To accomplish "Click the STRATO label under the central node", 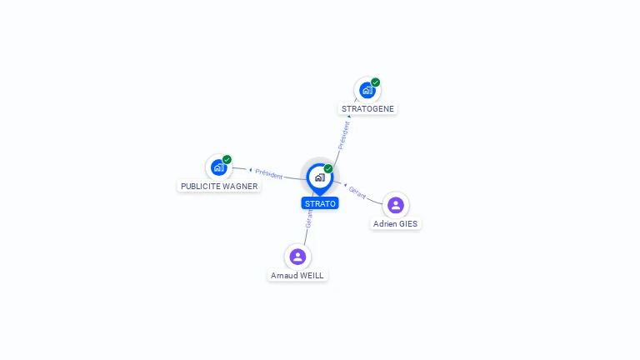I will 320,203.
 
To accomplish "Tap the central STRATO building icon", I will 319,177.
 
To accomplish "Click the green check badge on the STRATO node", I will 328,169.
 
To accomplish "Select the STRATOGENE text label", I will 367,109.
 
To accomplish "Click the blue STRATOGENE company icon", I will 367,90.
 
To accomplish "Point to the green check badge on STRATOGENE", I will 376,82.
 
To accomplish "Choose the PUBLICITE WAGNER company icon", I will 218,167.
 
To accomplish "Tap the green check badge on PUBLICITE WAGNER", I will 227,160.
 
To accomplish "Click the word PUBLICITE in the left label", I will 201,187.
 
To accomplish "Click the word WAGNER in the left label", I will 240,187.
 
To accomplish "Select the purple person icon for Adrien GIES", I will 396,205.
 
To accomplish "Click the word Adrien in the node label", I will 385,224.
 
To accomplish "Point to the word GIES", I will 408,224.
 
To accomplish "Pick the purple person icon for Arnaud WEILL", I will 297,257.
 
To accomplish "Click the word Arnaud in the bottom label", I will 283,276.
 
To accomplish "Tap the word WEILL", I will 312,276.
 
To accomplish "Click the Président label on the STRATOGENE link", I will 343,135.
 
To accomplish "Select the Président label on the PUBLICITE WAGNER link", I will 269,173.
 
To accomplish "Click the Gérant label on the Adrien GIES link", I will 357,192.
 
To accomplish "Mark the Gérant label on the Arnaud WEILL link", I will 309,218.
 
